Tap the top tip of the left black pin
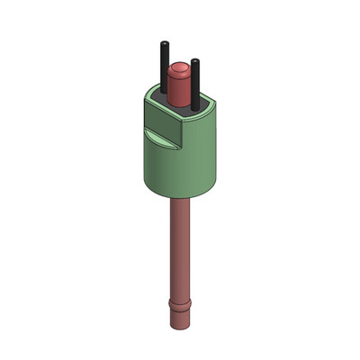coord(165,44)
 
